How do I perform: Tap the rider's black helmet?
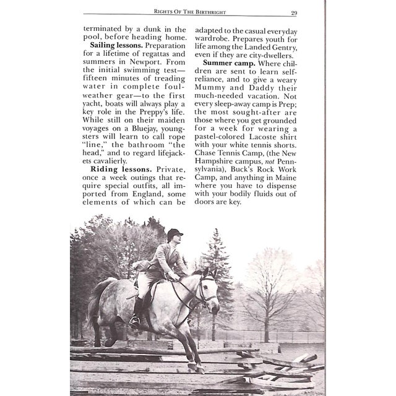175,234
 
